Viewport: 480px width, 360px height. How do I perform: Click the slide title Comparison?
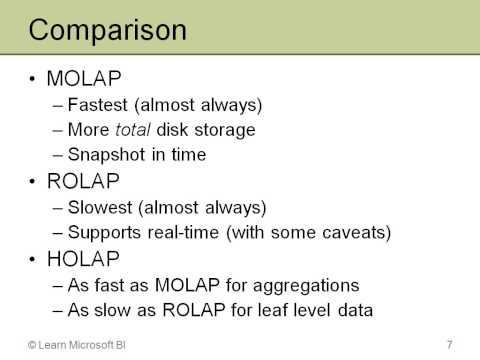[x=107, y=29]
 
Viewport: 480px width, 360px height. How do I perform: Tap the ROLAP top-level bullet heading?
[x=84, y=181]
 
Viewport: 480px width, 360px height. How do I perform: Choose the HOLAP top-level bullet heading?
[x=84, y=259]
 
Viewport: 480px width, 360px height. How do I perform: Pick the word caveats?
[x=353, y=233]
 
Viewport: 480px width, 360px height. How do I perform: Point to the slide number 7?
[x=450, y=345]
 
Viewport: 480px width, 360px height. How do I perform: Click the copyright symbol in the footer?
[x=33, y=345]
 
